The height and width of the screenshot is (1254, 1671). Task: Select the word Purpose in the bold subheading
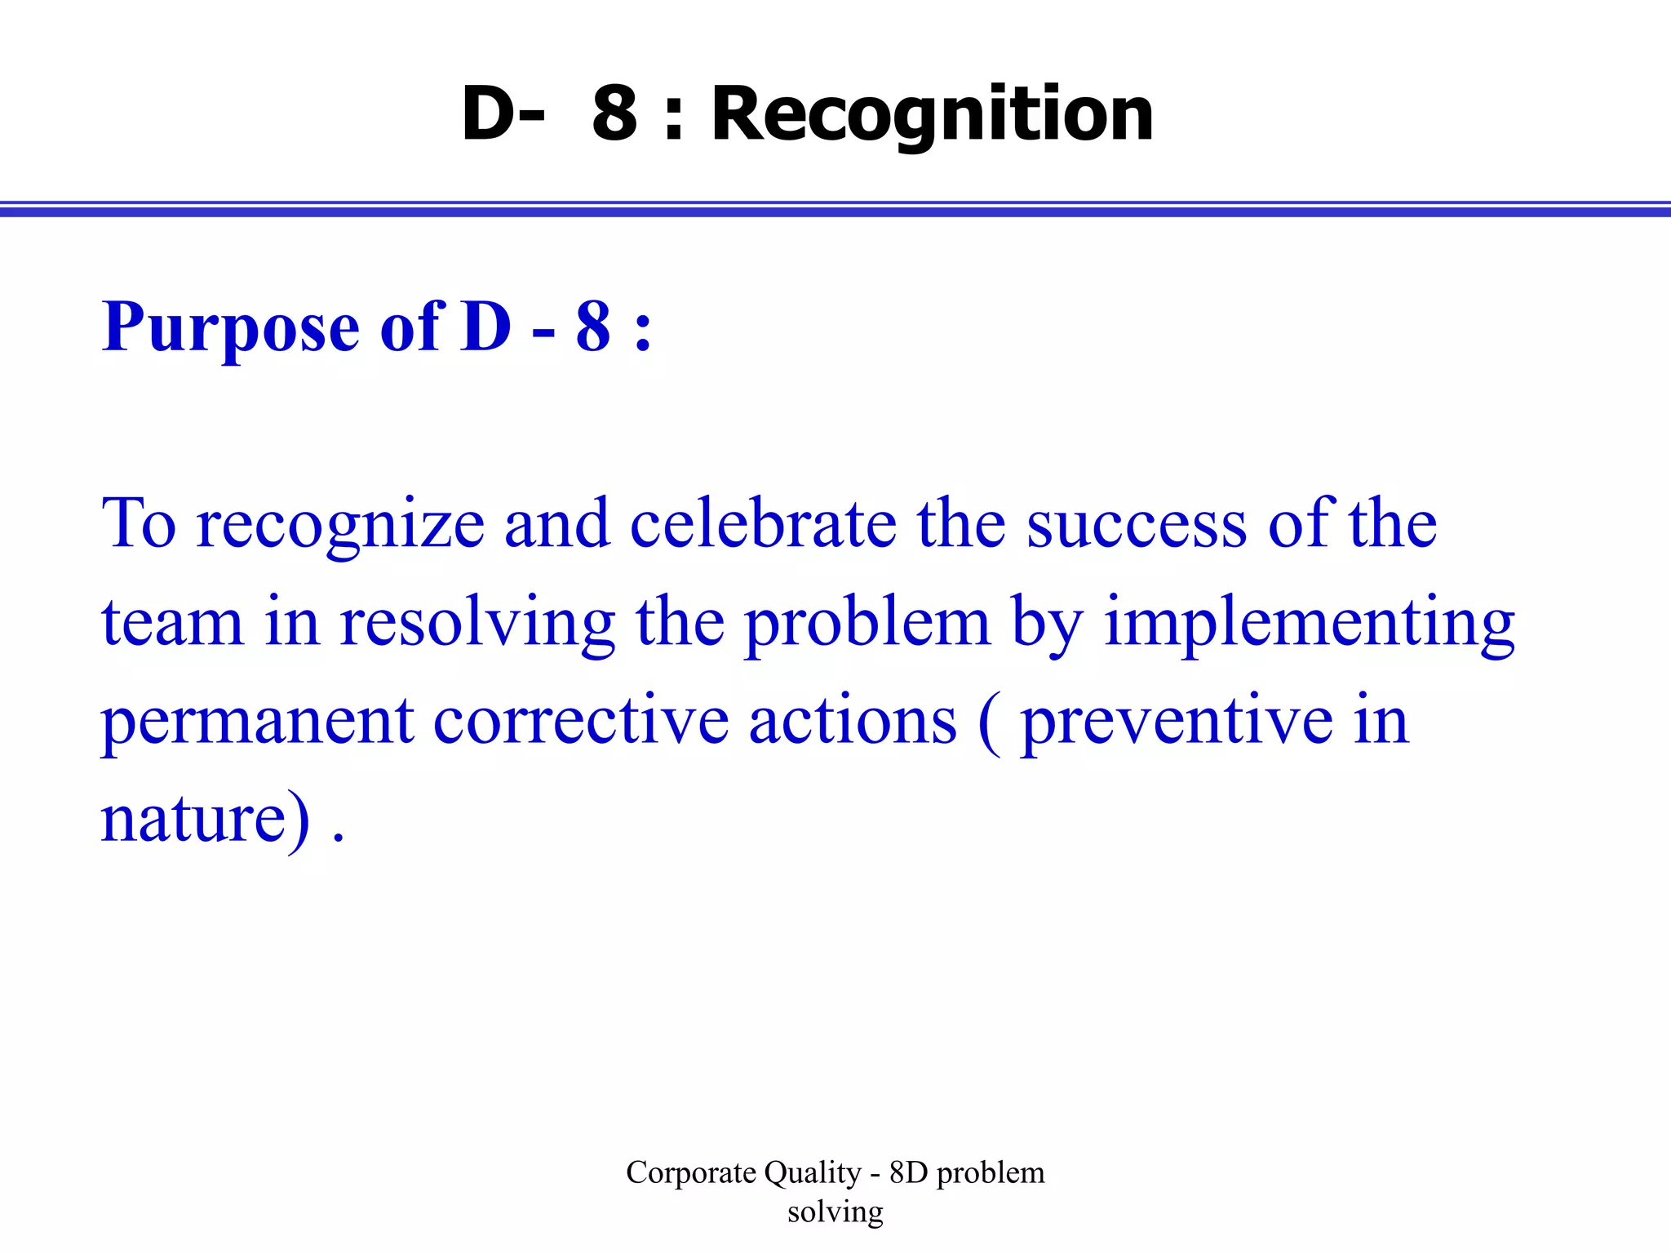click(x=230, y=328)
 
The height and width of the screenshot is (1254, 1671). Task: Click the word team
click(x=172, y=624)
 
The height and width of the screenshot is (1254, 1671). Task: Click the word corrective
click(x=581, y=722)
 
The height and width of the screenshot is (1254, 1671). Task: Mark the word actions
click(x=853, y=722)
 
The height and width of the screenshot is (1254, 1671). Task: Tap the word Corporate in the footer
click(x=691, y=1173)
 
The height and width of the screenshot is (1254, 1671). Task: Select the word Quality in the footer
click(x=812, y=1174)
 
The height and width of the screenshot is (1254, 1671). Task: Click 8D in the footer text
click(x=908, y=1173)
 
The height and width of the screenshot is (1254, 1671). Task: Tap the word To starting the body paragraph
click(x=139, y=524)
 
